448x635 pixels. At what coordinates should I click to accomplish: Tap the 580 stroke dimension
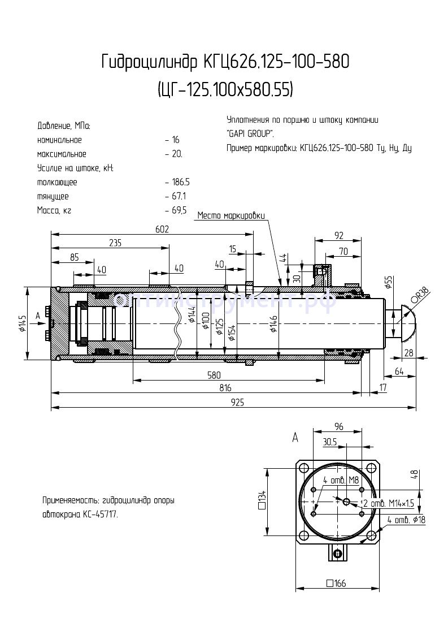(x=214, y=375)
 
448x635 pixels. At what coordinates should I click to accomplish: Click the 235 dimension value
(x=115, y=243)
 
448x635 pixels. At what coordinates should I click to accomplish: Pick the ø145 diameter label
(x=21, y=322)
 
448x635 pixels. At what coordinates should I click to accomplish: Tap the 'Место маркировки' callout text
(x=230, y=215)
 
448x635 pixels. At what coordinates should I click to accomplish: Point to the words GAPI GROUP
(x=250, y=134)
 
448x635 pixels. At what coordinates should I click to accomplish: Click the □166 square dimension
(x=337, y=583)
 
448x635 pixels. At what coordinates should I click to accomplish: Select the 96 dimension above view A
(x=339, y=427)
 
